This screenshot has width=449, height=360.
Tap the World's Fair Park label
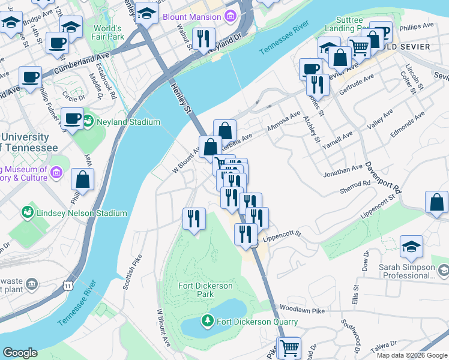click(107, 34)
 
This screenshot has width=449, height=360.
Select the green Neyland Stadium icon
click(89, 122)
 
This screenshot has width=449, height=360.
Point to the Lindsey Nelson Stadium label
click(81, 213)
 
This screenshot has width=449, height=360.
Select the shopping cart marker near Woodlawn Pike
click(289, 347)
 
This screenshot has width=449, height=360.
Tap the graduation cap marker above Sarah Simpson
click(411, 247)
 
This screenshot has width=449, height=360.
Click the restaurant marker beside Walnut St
click(203, 38)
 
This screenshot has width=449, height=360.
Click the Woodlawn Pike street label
click(301, 310)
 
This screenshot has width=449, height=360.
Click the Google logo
click(20, 353)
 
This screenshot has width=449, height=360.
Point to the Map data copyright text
click(411, 355)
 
